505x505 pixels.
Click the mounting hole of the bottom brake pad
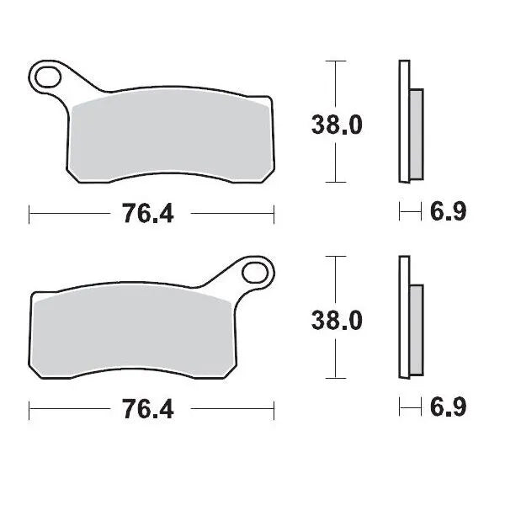pos(254,274)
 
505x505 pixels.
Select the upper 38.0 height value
pos(337,125)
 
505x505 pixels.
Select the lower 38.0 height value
pos(337,321)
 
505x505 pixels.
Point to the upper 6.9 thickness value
pos(447,213)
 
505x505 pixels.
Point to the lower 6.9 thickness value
pos(447,409)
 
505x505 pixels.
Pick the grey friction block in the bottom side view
pos(415,329)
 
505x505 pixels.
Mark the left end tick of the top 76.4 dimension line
pos(30,214)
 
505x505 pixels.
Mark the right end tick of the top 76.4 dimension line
pos(274,214)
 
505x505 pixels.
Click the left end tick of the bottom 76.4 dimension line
pos(30,410)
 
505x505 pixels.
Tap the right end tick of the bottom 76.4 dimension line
pos(274,410)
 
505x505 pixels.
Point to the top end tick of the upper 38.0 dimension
pos(336,61)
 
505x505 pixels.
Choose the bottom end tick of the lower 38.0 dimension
pos(336,379)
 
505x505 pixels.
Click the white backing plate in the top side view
pos(403,122)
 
